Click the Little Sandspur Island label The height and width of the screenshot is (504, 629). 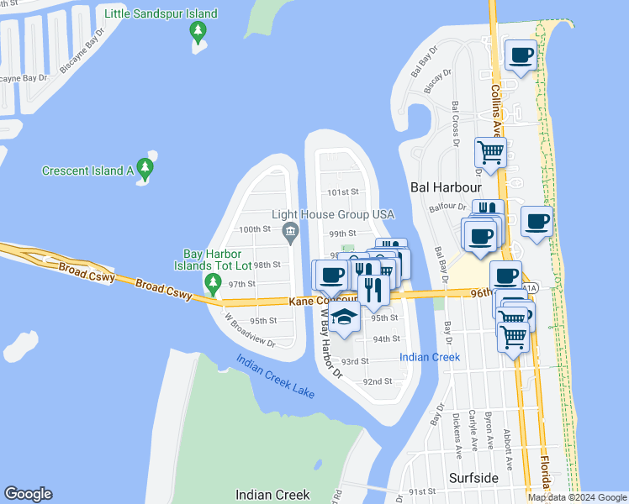click(161, 13)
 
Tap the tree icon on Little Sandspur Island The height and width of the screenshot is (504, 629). click(198, 33)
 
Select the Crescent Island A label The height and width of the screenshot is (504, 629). click(88, 171)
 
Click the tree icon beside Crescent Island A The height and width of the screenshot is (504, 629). click(146, 170)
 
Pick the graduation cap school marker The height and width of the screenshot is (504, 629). click(343, 317)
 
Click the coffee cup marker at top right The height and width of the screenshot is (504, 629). click(521, 55)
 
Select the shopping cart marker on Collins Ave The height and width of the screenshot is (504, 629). click(490, 152)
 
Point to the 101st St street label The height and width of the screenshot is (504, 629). click(343, 192)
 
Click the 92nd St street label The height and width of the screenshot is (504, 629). click(378, 381)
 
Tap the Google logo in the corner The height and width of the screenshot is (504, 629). click(28, 494)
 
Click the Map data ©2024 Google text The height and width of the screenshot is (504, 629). click(577, 497)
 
